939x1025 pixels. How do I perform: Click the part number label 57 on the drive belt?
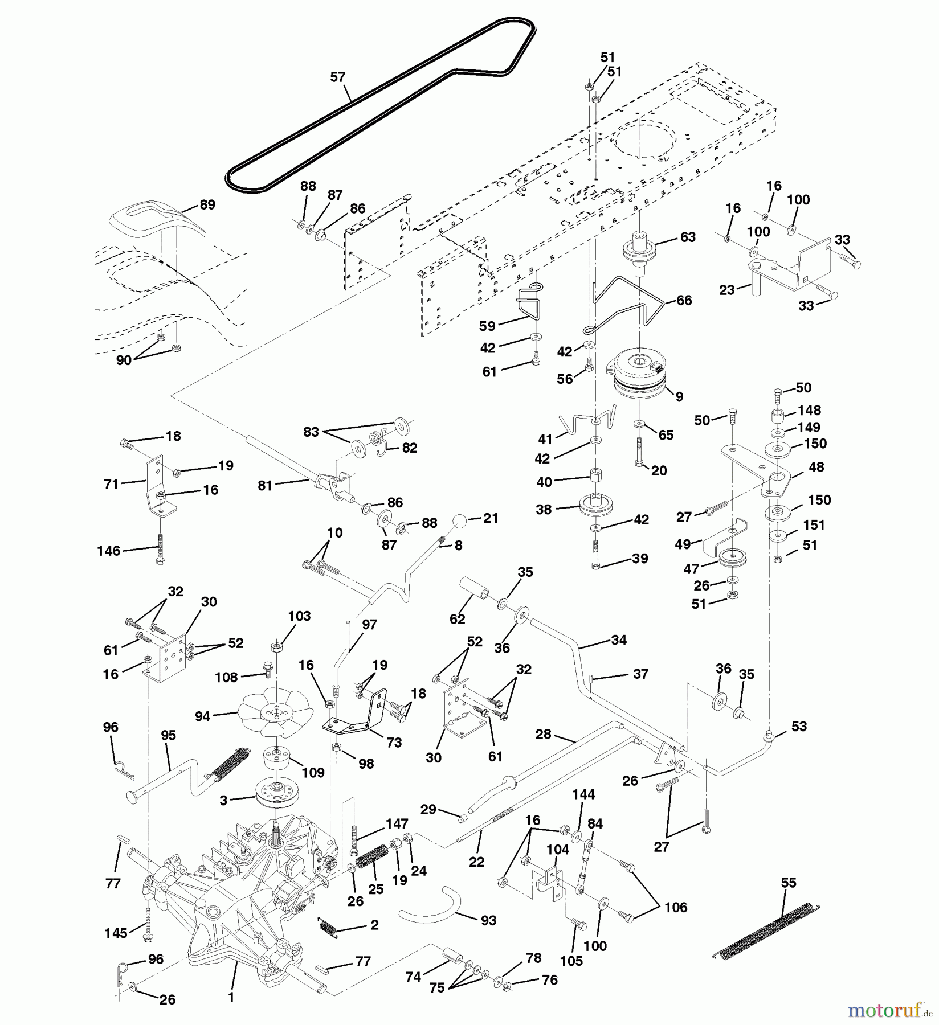[x=337, y=77]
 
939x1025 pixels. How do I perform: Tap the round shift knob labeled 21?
[x=460, y=521]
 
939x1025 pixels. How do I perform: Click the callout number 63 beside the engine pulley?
[x=688, y=237]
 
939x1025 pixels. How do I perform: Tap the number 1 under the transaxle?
[x=231, y=997]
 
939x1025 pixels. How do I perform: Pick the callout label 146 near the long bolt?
[x=109, y=551]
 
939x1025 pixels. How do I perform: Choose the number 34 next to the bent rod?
[x=618, y=640]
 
